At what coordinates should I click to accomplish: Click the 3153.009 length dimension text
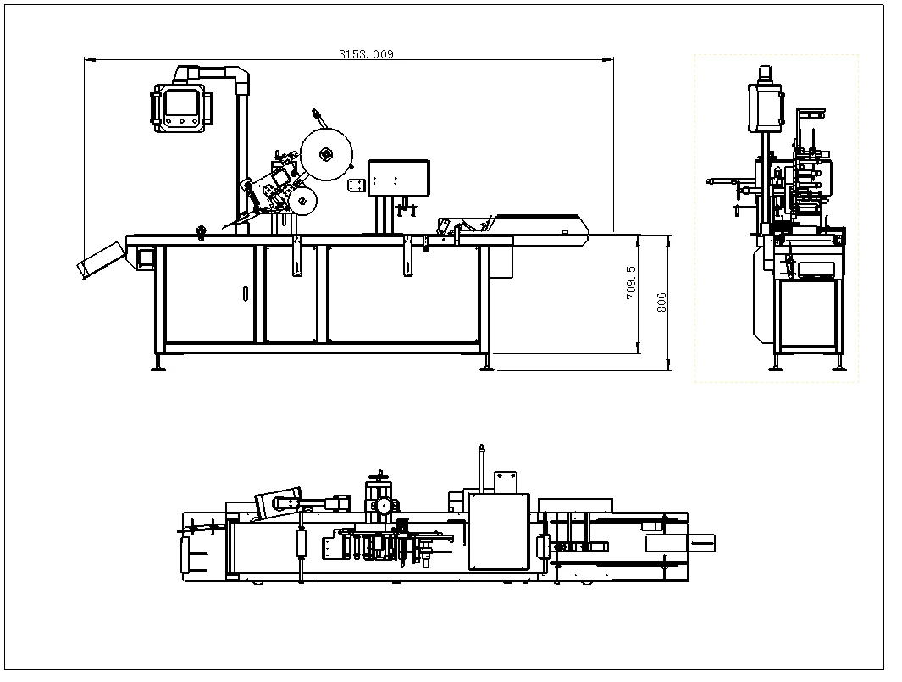pyautogui.click(x=366, y=53)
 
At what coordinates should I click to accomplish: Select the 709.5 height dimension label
pyautogui.click(x=631, y=283)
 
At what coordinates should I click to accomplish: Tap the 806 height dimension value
pyautogui.click(x=661, y=302)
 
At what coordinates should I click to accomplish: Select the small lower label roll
pyautogui.click(x=301, y=201)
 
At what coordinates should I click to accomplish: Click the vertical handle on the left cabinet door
pyautogui.click(x=245, y=294)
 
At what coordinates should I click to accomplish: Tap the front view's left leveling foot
pyautogui.click(x=158, y=363)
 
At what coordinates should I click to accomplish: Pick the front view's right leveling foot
pyautogui.click(x=486, y=363)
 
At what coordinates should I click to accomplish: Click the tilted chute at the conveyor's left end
pyautogui.click(x=100, y=258)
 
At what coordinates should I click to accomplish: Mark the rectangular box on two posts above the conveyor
pyautogui.click(x=399, y=177)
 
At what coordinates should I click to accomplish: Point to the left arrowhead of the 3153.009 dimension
pyautogui.click(x=88, y=59)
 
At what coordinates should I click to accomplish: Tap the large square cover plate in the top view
pyautogui.click(x=498, y=531)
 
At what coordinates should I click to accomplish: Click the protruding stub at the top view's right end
pyautogui.click(x=702, y=542)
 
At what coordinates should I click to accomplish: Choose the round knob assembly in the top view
pyautogui.click(x=383, y=506)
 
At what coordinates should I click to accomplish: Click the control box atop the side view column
pyautogui.click(x=767, y=106)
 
